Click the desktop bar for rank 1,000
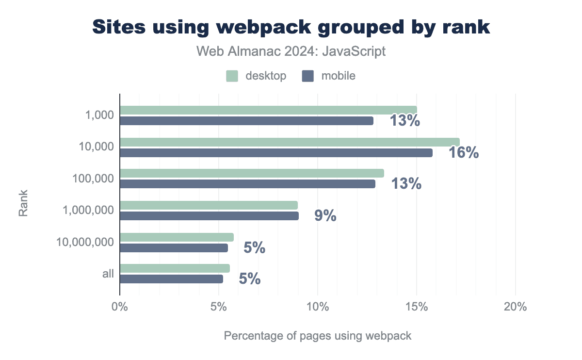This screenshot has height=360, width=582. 268,110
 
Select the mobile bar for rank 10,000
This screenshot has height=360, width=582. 276,153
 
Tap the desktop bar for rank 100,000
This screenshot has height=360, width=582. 252,173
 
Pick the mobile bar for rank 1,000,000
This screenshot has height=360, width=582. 209,216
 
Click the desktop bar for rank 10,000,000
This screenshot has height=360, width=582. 177,237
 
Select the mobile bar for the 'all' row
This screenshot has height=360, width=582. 171,279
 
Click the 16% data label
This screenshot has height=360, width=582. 464,153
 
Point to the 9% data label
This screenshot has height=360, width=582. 325,216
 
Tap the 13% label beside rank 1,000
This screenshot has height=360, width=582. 405,121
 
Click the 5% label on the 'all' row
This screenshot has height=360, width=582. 250,279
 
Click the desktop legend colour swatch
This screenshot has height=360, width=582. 232,76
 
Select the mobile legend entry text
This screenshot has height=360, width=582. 339,76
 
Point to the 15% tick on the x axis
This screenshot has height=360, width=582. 417,307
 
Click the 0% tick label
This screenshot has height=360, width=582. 119,307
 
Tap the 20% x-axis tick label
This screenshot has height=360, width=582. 516,307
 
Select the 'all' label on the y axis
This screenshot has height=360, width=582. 108,274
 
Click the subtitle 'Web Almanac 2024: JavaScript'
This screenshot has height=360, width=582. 291,51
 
